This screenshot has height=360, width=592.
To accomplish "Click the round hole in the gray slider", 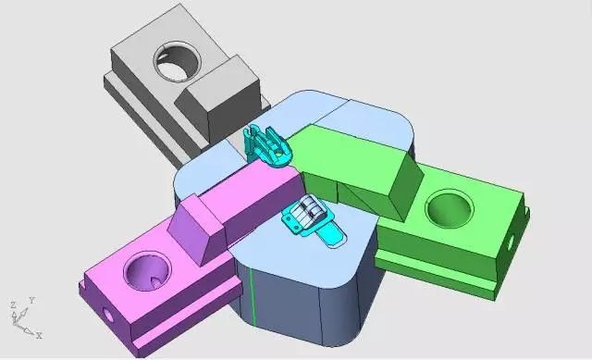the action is coord(177,62).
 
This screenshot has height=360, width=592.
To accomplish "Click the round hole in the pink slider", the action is coord(147,271).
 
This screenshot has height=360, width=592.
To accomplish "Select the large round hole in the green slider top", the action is coord(450,208).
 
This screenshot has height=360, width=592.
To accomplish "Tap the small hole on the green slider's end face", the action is coord(510,242).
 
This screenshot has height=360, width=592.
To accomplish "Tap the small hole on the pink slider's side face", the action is coord(107,315).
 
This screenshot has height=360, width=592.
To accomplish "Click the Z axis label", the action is coord(13,304).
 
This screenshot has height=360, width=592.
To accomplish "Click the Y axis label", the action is coord(32,301).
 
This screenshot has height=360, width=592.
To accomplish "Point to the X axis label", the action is coord(39,335).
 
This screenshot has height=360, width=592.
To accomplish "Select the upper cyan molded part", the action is coord(267,146).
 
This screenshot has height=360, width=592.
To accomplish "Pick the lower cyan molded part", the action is coord(314,221).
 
